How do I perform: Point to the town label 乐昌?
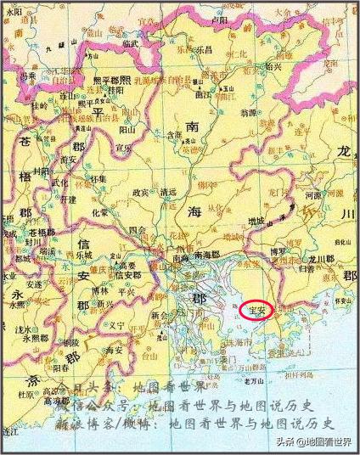[x=205, y=50]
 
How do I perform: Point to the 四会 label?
[x=138, y=230]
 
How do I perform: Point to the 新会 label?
[x=160, y=313]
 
